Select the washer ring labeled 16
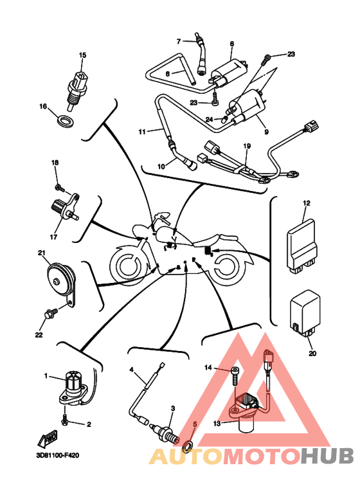coord(66,121)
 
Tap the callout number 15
coord(82,55)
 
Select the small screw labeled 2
coord(66,420)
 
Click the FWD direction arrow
coord(48,438)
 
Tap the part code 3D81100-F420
coord(57,455)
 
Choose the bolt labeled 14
coord(235,376)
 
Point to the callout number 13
coord(217,424)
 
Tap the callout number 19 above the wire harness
coord(247,146)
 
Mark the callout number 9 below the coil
coord(266,132)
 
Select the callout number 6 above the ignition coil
coord(231,44)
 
